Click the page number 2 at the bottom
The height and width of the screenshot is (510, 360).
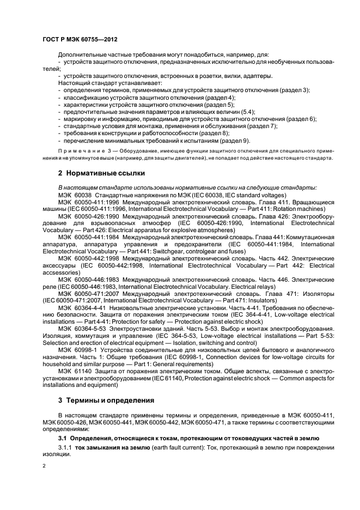click(x=44, y=467)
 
